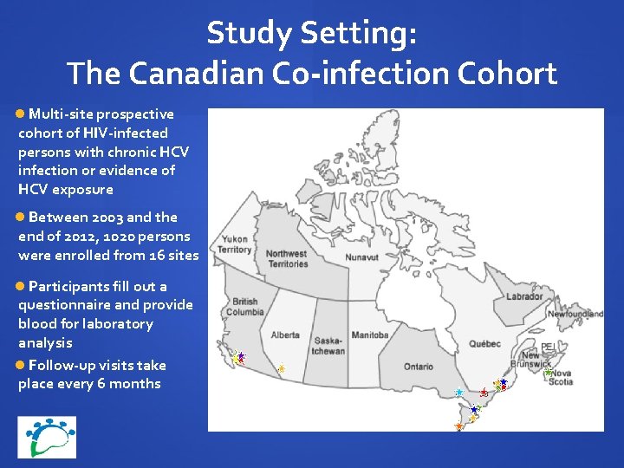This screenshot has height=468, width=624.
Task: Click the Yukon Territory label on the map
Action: [x=235, y=244]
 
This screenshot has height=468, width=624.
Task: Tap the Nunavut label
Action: [x=361, y=257]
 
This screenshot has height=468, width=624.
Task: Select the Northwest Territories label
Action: [x=286, y=258]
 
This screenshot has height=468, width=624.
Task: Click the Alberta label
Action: [x=285, y=335]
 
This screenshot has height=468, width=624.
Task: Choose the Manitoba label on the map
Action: [x=370, y=335]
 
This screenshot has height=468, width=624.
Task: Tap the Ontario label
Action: [x=419, y=367]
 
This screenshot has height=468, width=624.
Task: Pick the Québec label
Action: [x=485, y=343]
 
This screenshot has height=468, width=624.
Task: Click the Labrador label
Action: [x=524, y=296]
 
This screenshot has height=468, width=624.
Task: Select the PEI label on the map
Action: [x=547, y=347]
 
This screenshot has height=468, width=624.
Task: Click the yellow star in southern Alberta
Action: [x=282, y=368]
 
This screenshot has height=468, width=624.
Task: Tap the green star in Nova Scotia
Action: [x=549, y=371]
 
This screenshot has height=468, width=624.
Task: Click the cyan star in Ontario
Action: [x=458, y=393]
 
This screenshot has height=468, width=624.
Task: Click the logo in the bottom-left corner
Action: [x=47, y=437]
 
